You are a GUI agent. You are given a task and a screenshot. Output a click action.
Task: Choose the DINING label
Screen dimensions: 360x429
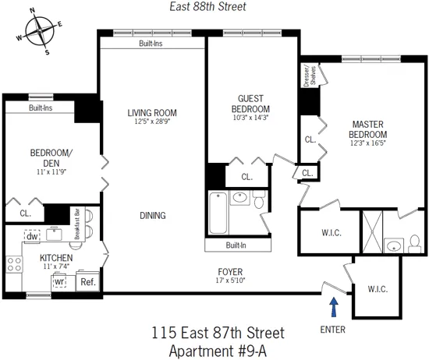click(x=153, y=216)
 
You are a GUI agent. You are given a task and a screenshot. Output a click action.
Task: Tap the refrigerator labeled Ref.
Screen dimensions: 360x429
click(x=87, y=282)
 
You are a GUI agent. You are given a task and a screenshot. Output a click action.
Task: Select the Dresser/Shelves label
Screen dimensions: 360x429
click(x=307, y=76)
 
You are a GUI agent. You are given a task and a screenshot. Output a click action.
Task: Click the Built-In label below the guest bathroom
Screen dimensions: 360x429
click(x=237, y=245)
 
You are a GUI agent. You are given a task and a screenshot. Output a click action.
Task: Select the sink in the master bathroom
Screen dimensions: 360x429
click(x=395, y=247)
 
